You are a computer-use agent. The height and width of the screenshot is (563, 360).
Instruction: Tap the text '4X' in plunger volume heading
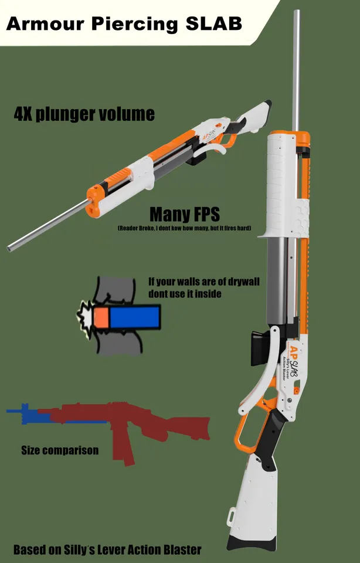[23, 113]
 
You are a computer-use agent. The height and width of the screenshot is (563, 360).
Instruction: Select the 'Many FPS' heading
[184, 215]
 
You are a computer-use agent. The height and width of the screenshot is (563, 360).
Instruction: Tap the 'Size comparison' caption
[60, 450]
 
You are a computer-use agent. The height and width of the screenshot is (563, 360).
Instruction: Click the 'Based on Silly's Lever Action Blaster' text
[107, 550]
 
